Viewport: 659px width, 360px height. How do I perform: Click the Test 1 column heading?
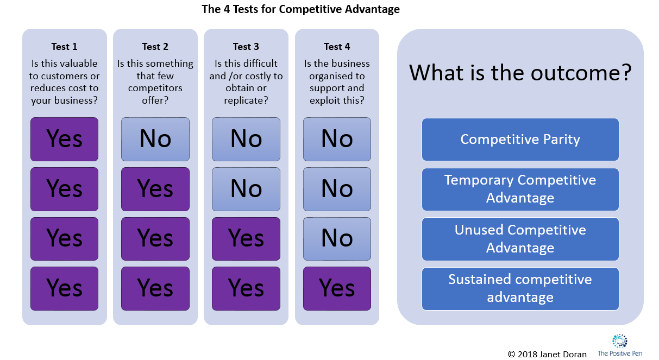[64, 47]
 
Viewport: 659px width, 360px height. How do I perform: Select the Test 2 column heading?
[155, 47]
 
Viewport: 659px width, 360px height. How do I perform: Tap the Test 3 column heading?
[246, 47]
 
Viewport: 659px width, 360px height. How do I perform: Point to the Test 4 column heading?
[337, 47]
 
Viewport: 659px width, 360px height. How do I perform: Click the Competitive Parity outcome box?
[520, 140]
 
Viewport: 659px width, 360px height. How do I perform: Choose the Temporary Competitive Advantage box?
[520, 189]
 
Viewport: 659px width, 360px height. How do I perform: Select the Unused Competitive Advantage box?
[520, 239]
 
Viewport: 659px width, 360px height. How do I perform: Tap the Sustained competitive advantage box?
[520, 288]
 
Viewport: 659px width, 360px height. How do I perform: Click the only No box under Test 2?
[155, 139]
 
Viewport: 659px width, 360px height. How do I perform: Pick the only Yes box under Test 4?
[337, 288]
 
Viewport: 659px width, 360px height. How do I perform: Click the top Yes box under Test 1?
[64, 139]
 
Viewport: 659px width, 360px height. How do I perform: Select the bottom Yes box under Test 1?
[64, 288]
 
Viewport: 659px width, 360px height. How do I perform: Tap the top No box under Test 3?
[246, 139]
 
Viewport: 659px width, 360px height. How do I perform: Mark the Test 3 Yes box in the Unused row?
[246, 239]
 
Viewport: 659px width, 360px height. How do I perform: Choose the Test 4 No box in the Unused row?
[337, 239]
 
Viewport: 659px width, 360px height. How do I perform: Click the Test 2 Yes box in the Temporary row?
[155, 189]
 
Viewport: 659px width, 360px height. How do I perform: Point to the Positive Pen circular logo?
[619, 341]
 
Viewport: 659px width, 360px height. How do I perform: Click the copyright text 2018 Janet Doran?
[547, 354]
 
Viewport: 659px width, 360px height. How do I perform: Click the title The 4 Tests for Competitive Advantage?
[300, 9]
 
